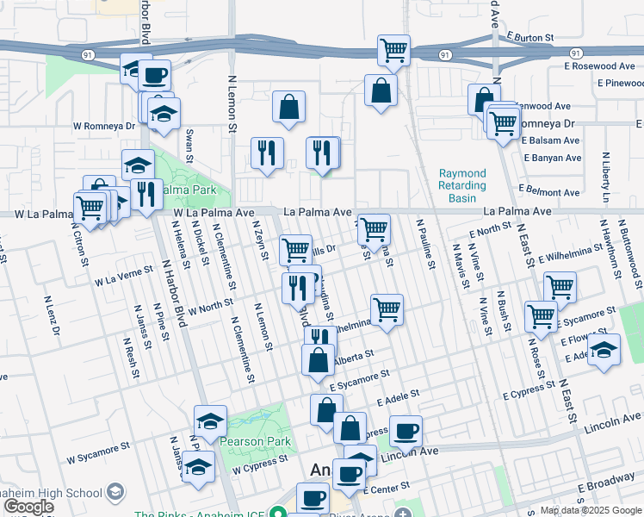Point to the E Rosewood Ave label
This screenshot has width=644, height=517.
[600, 65]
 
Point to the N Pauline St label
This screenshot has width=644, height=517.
[424, 243]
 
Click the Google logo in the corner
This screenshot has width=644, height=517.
[28, 508]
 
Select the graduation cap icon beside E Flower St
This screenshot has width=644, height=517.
[604, 350]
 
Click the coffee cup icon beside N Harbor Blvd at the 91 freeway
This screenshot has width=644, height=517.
[155, 75]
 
